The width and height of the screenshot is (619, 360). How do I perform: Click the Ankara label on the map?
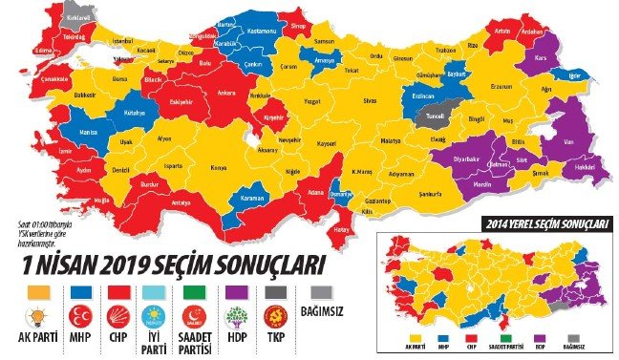tap(227, 94)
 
